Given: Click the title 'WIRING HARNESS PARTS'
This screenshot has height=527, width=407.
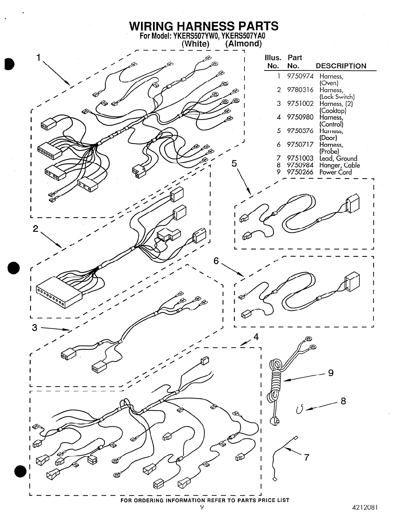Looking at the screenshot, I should [x=204, y=26].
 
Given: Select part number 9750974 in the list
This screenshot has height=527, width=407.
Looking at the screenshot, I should [x=300, y=76].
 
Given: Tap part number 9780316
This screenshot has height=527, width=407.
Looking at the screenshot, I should [x=300, y=90].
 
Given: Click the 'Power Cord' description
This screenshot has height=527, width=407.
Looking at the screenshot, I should [x=335, y=172].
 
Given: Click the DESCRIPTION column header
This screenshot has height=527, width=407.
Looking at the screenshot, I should [x=341, y=66].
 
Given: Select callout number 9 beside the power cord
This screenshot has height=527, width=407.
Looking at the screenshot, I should [x=331, y=373].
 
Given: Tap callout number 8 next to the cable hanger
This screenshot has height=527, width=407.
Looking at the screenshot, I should [x=343, y=401].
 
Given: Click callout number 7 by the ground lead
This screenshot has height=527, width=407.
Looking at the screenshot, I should [x=307, y=458].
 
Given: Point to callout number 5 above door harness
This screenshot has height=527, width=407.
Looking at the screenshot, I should [x=234, y=163].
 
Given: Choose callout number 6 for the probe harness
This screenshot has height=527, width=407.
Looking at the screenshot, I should [x=216, y=261].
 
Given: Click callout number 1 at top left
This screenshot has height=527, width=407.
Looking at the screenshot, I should [x=39, y=58].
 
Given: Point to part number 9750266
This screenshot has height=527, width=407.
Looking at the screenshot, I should [x=300, y=172].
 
